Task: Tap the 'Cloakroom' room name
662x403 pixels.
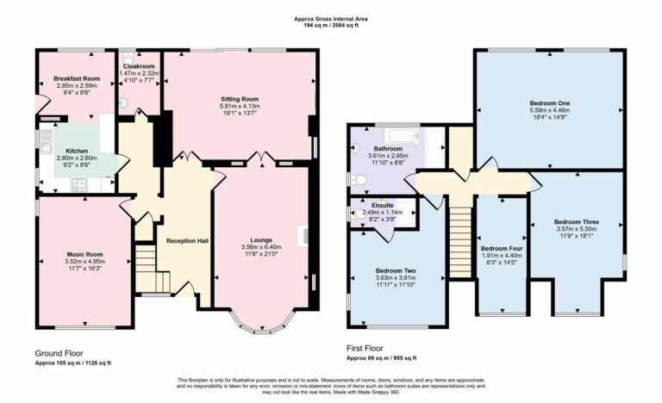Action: pos(139,66)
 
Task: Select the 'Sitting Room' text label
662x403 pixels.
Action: pos(239,99)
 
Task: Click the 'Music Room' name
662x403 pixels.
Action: pos(84,254)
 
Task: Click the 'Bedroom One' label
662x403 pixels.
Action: pos(549,103)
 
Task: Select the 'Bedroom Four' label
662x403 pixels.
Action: pos(501,249)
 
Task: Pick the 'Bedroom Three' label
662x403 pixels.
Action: pos(578,222)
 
